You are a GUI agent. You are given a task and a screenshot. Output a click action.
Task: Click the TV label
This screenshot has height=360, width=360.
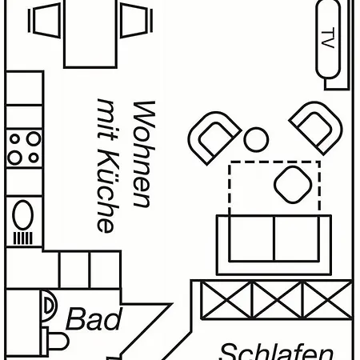pyautogui.click(x=328, y=38)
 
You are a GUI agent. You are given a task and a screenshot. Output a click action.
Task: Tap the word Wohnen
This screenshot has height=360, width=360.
pyautogui.click(x=144, y=154)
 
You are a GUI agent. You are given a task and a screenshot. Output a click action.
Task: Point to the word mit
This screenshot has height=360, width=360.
pyautogui.click(x=106, y=120)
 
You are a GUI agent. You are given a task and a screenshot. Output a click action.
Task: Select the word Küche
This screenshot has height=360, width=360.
pyautogui.click(x=106, y=191)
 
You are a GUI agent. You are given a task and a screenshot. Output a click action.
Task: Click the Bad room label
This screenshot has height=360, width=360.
pyautogui.click(x=94, y=318)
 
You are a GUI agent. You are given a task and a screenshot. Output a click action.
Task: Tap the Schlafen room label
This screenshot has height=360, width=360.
pyautogui.click(x=276, y=351)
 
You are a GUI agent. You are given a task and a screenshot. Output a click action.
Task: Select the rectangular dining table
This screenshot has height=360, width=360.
pyautogui.click(x=90, y=34)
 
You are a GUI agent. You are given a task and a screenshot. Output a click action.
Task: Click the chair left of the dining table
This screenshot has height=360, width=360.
pyautogui.click(x=45, y=21)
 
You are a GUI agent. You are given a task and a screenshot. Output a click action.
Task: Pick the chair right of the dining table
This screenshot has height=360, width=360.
pyautogui.click(x=137, y=21)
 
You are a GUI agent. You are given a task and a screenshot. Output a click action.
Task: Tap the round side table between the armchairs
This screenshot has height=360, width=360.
pyautogui.click(x=256, y=139)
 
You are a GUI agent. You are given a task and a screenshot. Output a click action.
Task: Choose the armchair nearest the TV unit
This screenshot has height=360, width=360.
pyautogui.click(x=317, y=127)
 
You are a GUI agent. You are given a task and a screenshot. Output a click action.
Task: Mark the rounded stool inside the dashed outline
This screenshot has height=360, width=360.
pyautogui.click(x=293, y=185)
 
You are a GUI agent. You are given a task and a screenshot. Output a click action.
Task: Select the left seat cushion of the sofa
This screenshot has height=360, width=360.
pyautogui.click(x=252, y=238)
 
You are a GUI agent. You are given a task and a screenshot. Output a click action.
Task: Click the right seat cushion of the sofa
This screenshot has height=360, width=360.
pyautogui.click(x=297, y=238)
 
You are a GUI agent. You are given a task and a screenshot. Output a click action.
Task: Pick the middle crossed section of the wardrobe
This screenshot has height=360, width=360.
pyautogui.click(x=278, y=300)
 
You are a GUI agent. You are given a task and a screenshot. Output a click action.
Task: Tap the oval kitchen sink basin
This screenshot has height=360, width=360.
pyautogui.click(x=23, y=214)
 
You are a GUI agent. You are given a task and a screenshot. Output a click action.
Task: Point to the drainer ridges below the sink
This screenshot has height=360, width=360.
pyautogui.click(x=23, y=238)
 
